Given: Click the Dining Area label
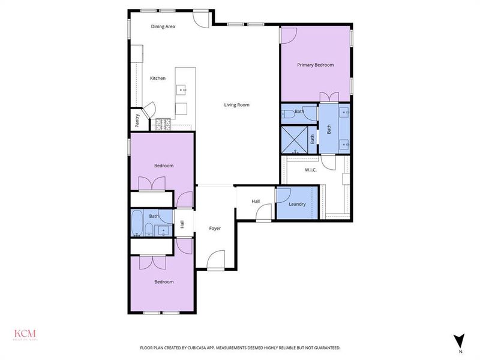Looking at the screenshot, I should coord(163,26).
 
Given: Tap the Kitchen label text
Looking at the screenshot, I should coord(158,78).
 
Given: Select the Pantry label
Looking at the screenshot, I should coord(137,121).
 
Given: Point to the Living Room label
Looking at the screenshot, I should coord(236,105).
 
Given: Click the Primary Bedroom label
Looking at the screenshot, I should coord(316,65).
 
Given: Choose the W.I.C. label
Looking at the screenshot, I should coord(311,170).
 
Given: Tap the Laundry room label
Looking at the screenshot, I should coord(297,204).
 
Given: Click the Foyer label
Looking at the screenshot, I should coord(215,229).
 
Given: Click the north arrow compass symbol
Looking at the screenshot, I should coord(460,340).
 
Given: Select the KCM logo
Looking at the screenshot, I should coord(26,334).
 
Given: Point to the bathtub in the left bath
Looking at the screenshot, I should coord(137,223).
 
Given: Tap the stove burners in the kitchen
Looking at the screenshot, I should coord(163,124).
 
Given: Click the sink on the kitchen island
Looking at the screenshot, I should coord(181,90).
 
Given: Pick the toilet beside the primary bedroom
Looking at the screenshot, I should coord(288,112).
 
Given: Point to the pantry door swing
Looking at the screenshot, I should coord(150,110).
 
